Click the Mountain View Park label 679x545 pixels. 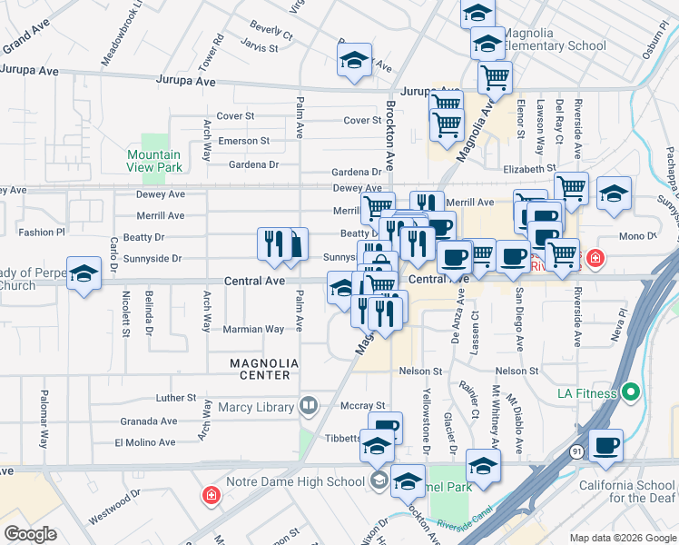[x=154, y=161]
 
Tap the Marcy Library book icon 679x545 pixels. [x=309, y=405]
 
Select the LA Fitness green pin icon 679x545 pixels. [x=633, y=393]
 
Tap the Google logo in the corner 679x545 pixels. [x=30, y=533]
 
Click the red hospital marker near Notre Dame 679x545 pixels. [x=211, y=496]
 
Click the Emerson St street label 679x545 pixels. [x=242, y=141]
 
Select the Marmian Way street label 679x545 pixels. [x=253, y=330]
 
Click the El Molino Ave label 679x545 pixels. [x=145, y=442]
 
